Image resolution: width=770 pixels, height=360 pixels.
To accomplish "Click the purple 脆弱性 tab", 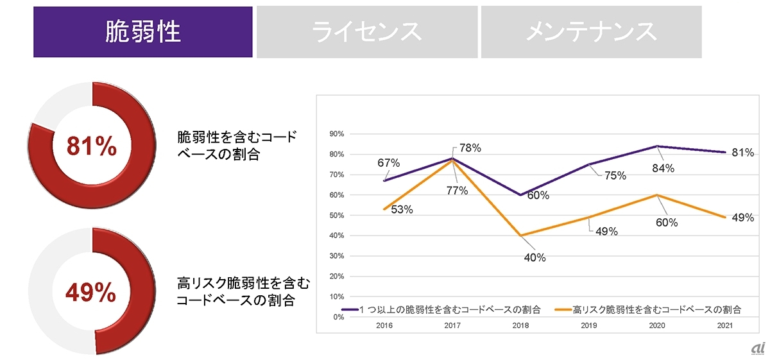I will pos(142,32).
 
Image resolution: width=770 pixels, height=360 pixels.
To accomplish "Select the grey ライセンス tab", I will pos(367,32).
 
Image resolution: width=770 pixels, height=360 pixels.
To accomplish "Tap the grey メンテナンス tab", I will pos(591,32).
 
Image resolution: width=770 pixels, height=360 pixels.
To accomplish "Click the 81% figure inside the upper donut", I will pos(92,147).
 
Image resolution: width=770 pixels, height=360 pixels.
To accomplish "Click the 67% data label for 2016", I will pos(389,163).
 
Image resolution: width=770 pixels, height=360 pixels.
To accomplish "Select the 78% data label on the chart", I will pos(470,148).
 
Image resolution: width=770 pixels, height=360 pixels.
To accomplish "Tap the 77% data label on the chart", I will pos(458,191).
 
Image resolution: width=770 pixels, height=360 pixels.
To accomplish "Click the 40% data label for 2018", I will pos(535,258).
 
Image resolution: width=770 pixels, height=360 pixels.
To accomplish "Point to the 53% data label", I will pos(402,209).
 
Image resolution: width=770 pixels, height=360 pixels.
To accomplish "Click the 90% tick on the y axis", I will pos(336,133).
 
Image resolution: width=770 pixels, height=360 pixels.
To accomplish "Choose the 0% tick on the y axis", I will pos(338,317).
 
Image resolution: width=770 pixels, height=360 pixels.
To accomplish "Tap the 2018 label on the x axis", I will pos(520,326).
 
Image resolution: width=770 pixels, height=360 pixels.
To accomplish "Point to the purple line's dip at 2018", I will pos(520,194).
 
